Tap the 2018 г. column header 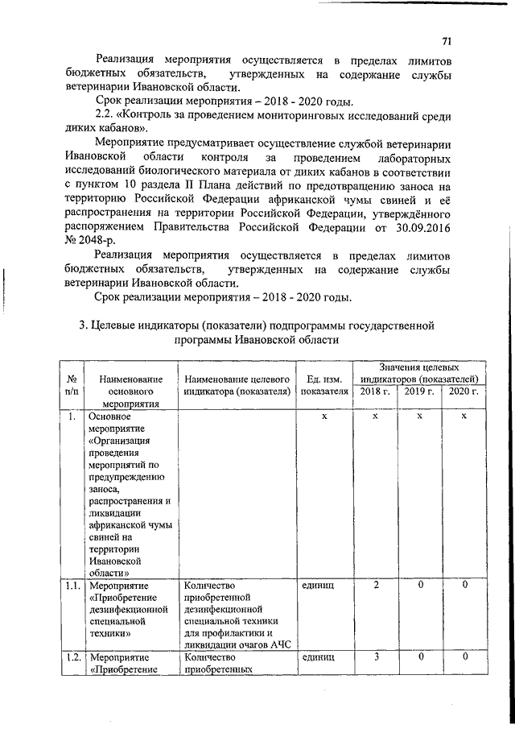(374, 391)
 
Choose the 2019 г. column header (419, 391)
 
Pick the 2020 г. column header (463, 391)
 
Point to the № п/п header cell (72, 384)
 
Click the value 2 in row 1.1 (376, 584)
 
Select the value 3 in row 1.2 (376, 657)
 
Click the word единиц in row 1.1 (319, 584)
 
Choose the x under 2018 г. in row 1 (376, 416)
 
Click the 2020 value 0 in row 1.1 (464, 584)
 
